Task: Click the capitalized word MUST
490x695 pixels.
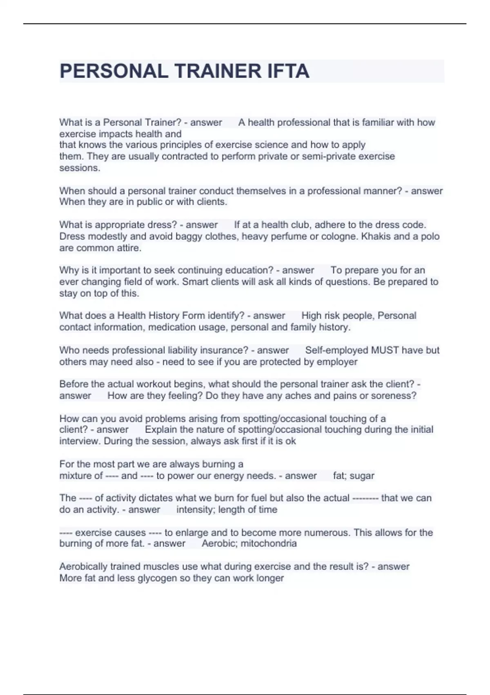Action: click(x=385, y=350)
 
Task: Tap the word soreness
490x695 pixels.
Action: click(x=396, y=396)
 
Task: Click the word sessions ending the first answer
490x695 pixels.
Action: click(x=79, y=168)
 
